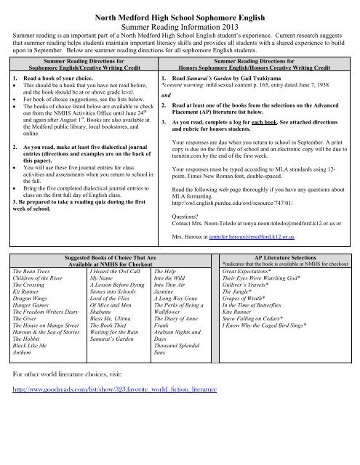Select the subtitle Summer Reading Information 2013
tap(180, 23)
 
